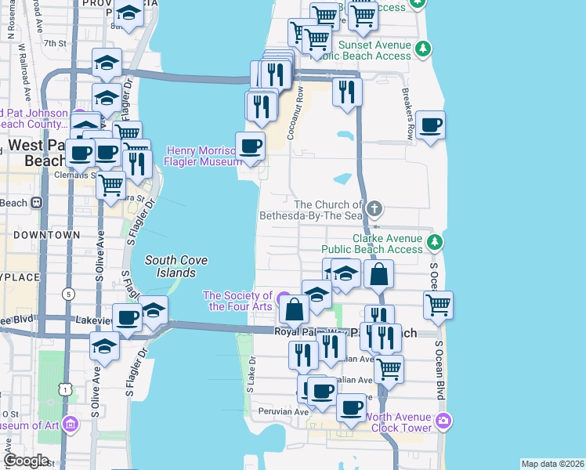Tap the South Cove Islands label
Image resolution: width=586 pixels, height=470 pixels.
coord(170,266)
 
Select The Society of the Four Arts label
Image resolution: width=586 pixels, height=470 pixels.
coord(237,301)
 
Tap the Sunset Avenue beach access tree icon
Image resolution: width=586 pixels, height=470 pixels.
coord(423,49)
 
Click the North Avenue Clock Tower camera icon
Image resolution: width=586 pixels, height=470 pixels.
coord(443,421)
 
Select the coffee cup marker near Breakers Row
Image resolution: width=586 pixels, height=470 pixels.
coord(429,125)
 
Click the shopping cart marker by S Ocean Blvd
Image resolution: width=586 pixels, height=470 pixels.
coord(439,304)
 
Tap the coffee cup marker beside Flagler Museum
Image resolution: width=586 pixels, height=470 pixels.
coord(250,146)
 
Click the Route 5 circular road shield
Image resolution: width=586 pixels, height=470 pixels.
coord(69,294)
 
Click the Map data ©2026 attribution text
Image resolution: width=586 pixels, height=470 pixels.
coord(552,464)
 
